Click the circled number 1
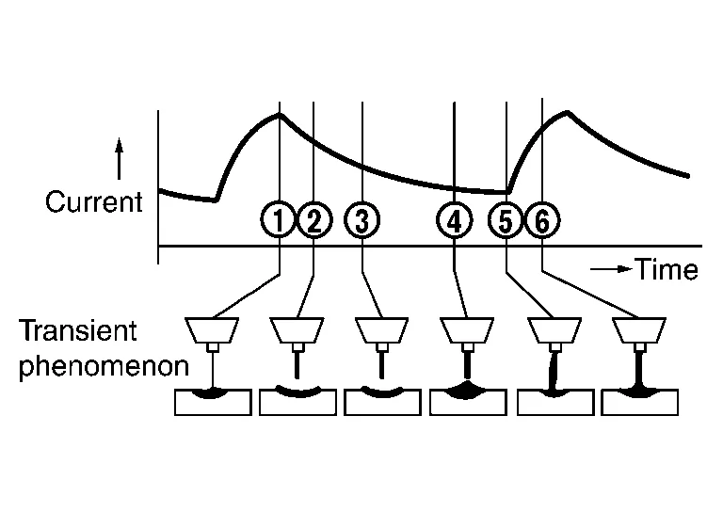279,221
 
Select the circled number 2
313,221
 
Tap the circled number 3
362,221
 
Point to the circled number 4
455,221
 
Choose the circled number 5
506,221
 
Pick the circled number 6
542,221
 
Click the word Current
94,202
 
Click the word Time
667,270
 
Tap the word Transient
79,331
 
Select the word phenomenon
104,366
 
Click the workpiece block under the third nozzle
382,403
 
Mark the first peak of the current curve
280,115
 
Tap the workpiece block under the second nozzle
297,403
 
